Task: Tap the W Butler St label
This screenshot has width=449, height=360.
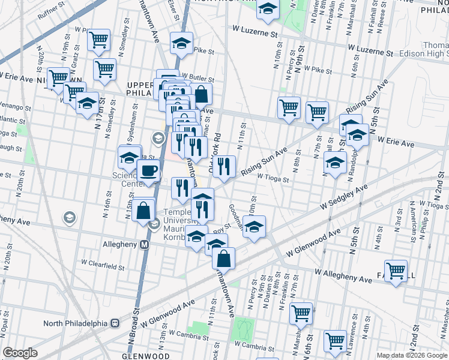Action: (199, 77)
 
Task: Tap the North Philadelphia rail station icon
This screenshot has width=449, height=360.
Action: (113, 323)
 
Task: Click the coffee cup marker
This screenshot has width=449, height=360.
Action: (148, 171)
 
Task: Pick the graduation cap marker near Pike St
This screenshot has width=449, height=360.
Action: (181, 43)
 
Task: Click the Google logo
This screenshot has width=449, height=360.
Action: (20, 352)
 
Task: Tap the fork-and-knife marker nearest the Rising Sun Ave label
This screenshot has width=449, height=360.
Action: (223, 167)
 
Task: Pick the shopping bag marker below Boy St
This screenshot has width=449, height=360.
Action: (223, 259)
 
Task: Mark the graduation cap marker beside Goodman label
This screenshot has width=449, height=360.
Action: (254, 227)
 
